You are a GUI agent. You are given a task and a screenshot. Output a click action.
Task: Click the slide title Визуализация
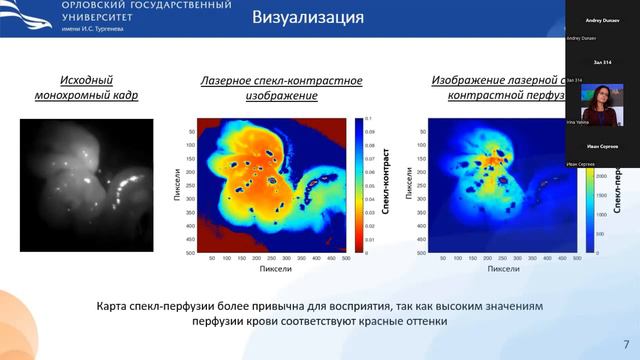pos(306,18)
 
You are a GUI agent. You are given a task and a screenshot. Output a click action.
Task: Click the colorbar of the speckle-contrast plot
pos(359,186)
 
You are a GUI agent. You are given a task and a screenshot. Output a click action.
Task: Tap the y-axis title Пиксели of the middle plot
pos(176,186)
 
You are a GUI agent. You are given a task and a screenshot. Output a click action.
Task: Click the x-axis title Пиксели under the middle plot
pos(274,269)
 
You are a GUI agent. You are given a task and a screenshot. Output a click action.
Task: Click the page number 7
pos(626,342)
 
